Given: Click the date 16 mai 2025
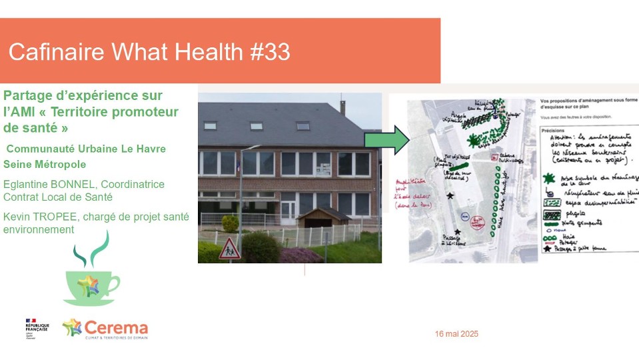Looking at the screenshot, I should coord(456,333).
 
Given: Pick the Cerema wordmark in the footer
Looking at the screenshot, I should coord(117,328).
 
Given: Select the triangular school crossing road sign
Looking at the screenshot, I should coord(230,249).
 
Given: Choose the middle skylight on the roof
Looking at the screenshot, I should coord(257,125).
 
